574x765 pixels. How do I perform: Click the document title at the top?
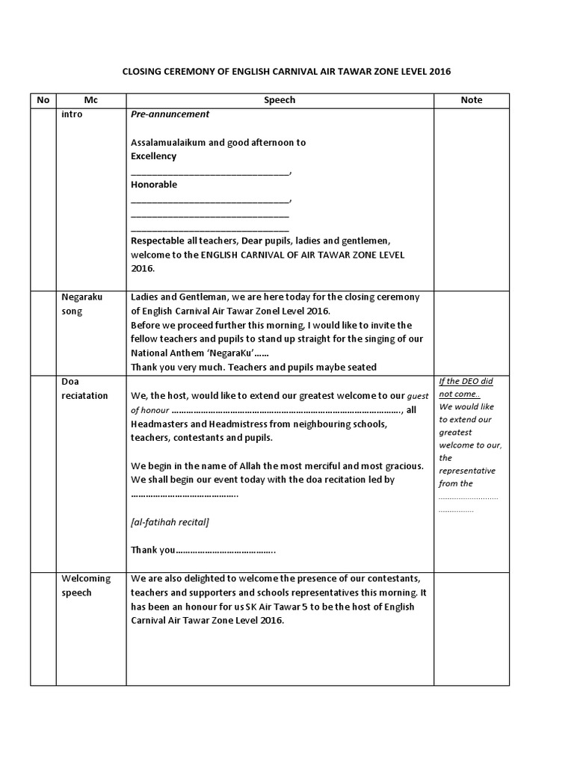pos(287,72)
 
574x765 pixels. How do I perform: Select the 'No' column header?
pos(43,100)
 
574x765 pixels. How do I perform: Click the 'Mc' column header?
pos(90,100)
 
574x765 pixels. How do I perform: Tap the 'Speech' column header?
pos(280,100)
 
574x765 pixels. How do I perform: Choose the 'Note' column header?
pos(472,100)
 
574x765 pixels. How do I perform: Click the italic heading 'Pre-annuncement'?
pos(170,114)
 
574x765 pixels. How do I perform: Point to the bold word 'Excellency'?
pos(154,156)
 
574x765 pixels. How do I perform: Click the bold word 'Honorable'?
pos(154,185)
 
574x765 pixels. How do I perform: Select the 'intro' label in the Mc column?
pos(72,115)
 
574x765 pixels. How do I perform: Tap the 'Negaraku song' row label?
pos(82,303)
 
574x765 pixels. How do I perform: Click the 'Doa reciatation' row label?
pos(84,388)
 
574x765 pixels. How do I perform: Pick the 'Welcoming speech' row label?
pos(86,586)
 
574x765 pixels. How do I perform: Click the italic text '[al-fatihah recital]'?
pos(170,521)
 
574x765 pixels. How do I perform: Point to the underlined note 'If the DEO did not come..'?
pos(466,388)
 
